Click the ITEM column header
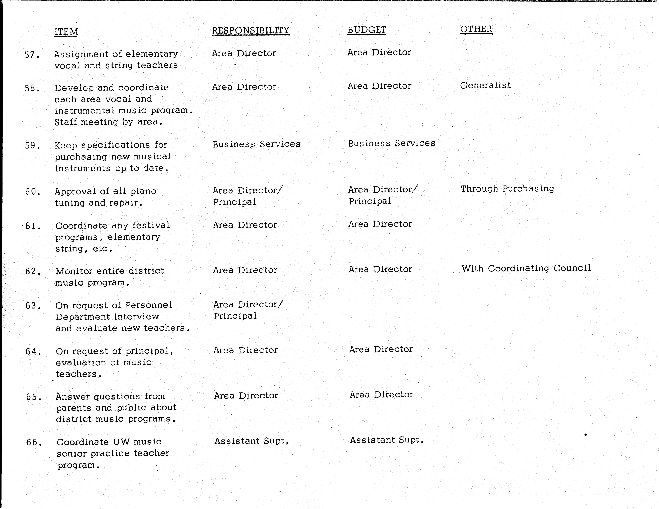point(66,31)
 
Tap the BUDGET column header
point(366,30)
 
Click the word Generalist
point(485,85)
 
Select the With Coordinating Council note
point(526,268)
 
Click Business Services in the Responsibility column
point(256,144)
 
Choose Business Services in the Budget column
point(391,143)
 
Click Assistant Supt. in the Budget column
point(387,440)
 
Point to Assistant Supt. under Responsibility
point(251,441)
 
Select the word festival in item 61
point(151,225)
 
